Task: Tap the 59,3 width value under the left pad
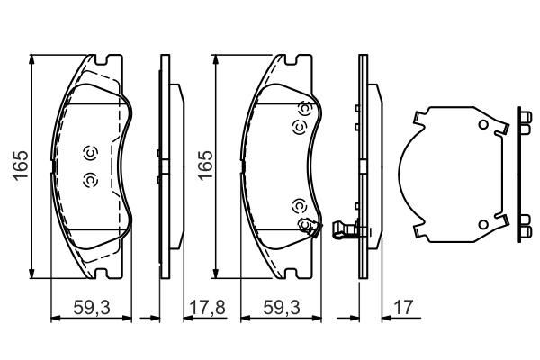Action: [91, 308]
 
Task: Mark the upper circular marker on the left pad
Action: [89, 152]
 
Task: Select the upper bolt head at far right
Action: [525, 123]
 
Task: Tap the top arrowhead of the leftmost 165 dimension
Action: [32, 60]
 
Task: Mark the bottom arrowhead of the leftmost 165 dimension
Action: [32, 274]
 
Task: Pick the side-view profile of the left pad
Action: [164, 167]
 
